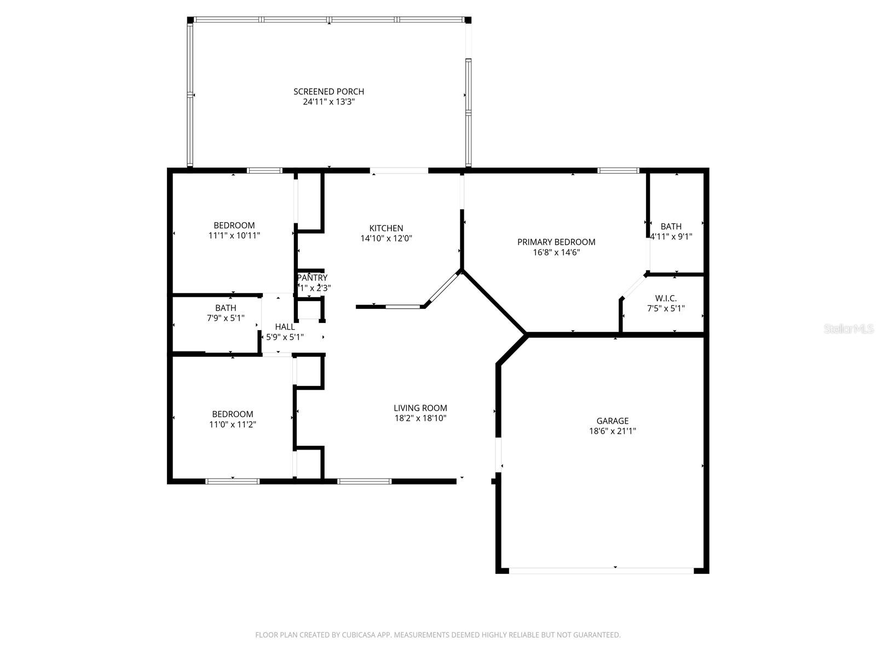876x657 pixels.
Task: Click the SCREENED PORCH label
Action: click(328, 91)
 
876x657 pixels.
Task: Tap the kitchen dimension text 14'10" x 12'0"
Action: click(386, 238)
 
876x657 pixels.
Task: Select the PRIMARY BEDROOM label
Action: click(556, 242)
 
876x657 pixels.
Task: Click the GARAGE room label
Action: click(612, 420)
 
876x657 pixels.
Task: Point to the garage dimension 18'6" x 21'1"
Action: click(612, 431)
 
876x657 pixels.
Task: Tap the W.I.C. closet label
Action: click(666, 298)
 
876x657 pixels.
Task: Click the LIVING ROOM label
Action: click(420, 408)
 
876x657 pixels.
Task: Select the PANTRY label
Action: click(313, 278)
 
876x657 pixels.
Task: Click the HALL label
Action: click(285, 327)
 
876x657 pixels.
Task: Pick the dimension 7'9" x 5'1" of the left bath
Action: click(226, 318)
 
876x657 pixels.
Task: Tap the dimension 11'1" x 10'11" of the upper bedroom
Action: click(234, 235)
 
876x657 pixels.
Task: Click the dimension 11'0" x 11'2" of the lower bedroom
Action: click(233, 424)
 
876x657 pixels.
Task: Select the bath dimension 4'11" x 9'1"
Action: click(671, 237)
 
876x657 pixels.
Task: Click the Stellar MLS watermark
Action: click(849, 329)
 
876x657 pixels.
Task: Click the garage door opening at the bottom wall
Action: click(601, 570)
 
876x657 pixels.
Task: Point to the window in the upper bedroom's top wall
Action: click(264, 170)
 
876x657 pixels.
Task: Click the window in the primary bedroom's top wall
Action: click(618, 170)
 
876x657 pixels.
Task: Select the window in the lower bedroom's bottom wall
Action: click(232, 481)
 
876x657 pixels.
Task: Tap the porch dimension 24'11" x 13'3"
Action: click(328, 102)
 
